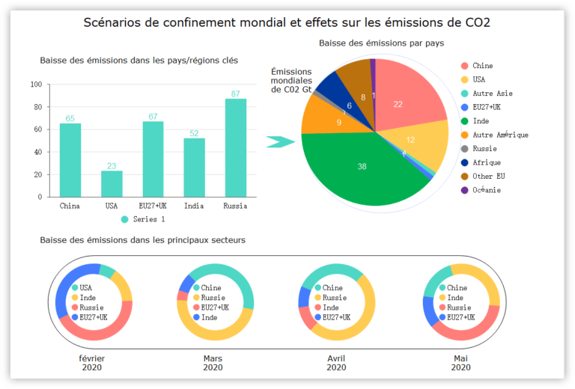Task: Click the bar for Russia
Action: [236, 148]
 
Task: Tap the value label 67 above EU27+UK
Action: [153, 116]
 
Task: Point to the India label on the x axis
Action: [194, 206]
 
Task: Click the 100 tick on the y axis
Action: [36, 85]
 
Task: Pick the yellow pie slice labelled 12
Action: [414, 142]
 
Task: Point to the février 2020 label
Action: [91, 363]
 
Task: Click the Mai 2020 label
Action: [460, 363]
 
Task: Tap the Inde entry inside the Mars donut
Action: [210, 317]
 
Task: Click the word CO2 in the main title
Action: [476, 22]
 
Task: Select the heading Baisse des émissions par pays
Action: [381, 43]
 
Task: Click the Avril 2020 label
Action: [336, 363]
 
